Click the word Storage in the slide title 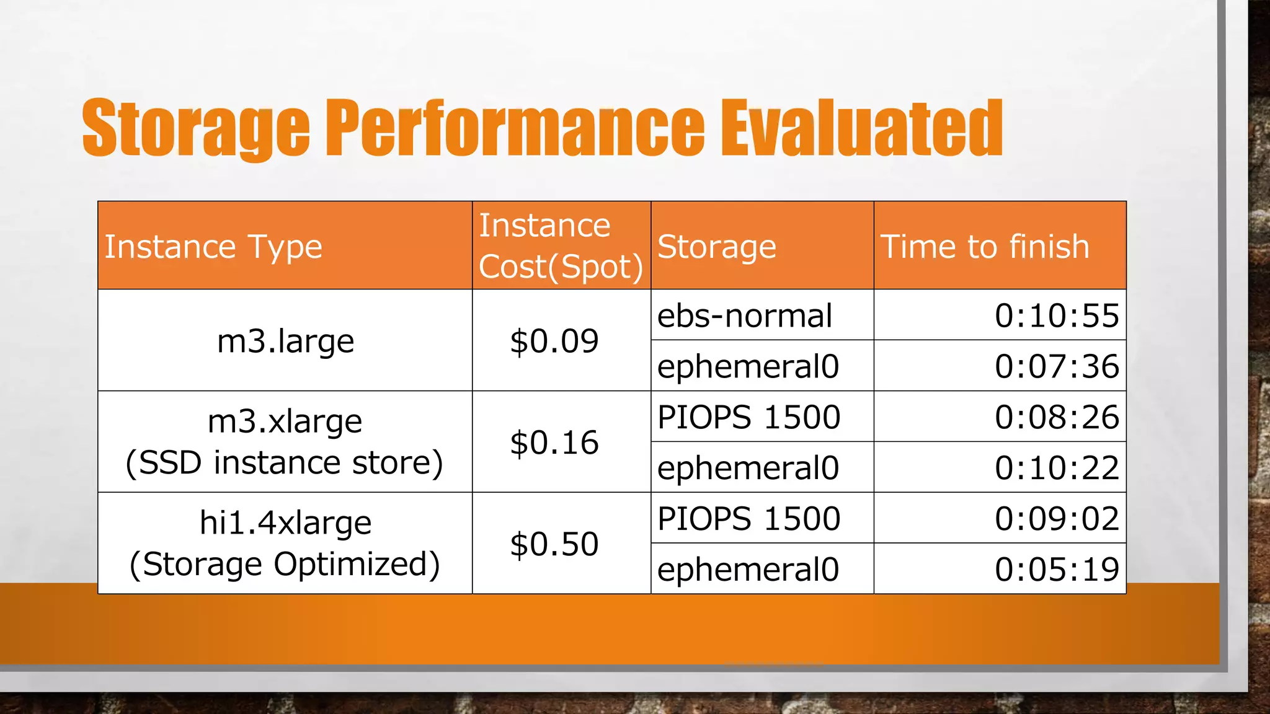coord(195,128)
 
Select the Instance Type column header coord(213,247)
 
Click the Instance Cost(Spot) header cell coord(561,246)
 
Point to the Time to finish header coord(985,247)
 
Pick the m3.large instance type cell coord(285,341)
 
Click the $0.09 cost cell coord(554,341)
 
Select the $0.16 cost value coord(554,443)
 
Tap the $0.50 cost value coord(554,544)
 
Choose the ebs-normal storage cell coord(744,316)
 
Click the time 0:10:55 coord(1057,316)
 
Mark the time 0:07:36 coord(1057,366)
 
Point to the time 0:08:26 coord(1057,417)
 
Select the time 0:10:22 coord(1057,468)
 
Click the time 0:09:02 coord(1057,519)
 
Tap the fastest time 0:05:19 coord(1057,570)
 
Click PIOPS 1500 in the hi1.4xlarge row coord(748,519)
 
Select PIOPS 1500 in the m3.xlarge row coord(748,417)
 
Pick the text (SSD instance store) coord(285,463)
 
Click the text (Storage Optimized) coord(285,565)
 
